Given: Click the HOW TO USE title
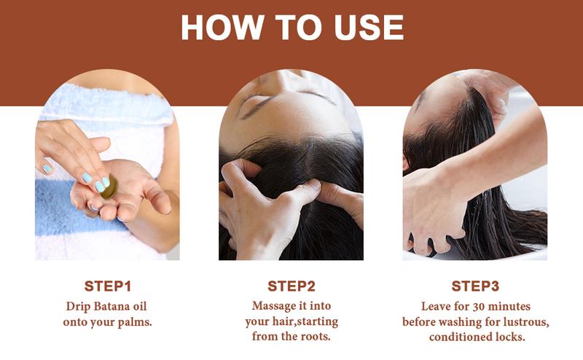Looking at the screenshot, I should pyautogui.click(x=291, y=27).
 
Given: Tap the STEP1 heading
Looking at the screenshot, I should pyautogui.click(x=107, y=285).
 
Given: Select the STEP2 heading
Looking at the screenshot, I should pyautogui.click(x=291, y=285).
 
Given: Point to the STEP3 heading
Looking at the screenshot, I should pyautogui.click(x=474, y=285).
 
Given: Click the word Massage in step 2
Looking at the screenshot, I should pyautogui.click(x=275, y=305).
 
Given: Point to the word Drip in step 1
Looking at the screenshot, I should pyautogui.click(x=77, y=305).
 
